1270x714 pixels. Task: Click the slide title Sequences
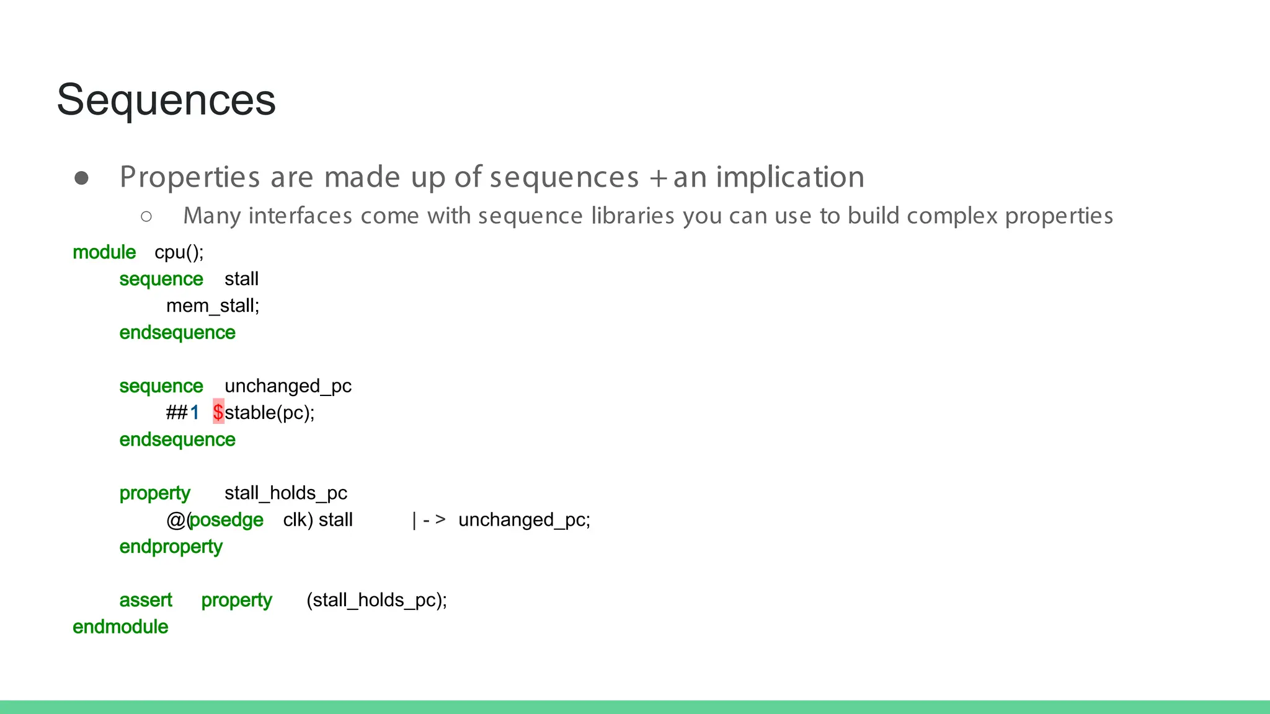[166, 100]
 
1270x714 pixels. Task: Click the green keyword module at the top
[104, 252]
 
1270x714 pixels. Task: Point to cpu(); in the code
[179, 252]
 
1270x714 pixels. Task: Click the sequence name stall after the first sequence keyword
[241, 279]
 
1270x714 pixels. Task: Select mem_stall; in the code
[213, 306]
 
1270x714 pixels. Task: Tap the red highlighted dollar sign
[218, 412]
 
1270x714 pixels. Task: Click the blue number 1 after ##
[195, 412]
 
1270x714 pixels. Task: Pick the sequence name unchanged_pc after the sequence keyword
[288, 386]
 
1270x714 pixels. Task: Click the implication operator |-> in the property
[429, 519]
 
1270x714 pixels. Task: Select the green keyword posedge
[226, 519]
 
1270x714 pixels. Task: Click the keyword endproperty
[171, 547]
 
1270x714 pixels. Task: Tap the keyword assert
[146, 600]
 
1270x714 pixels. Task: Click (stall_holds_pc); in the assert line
[376, 600]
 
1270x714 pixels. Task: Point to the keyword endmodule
[120, 627]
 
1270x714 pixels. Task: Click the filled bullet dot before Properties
[81, 178]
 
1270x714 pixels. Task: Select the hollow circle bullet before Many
[146, 216]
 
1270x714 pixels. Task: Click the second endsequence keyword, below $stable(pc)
[177, 439]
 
